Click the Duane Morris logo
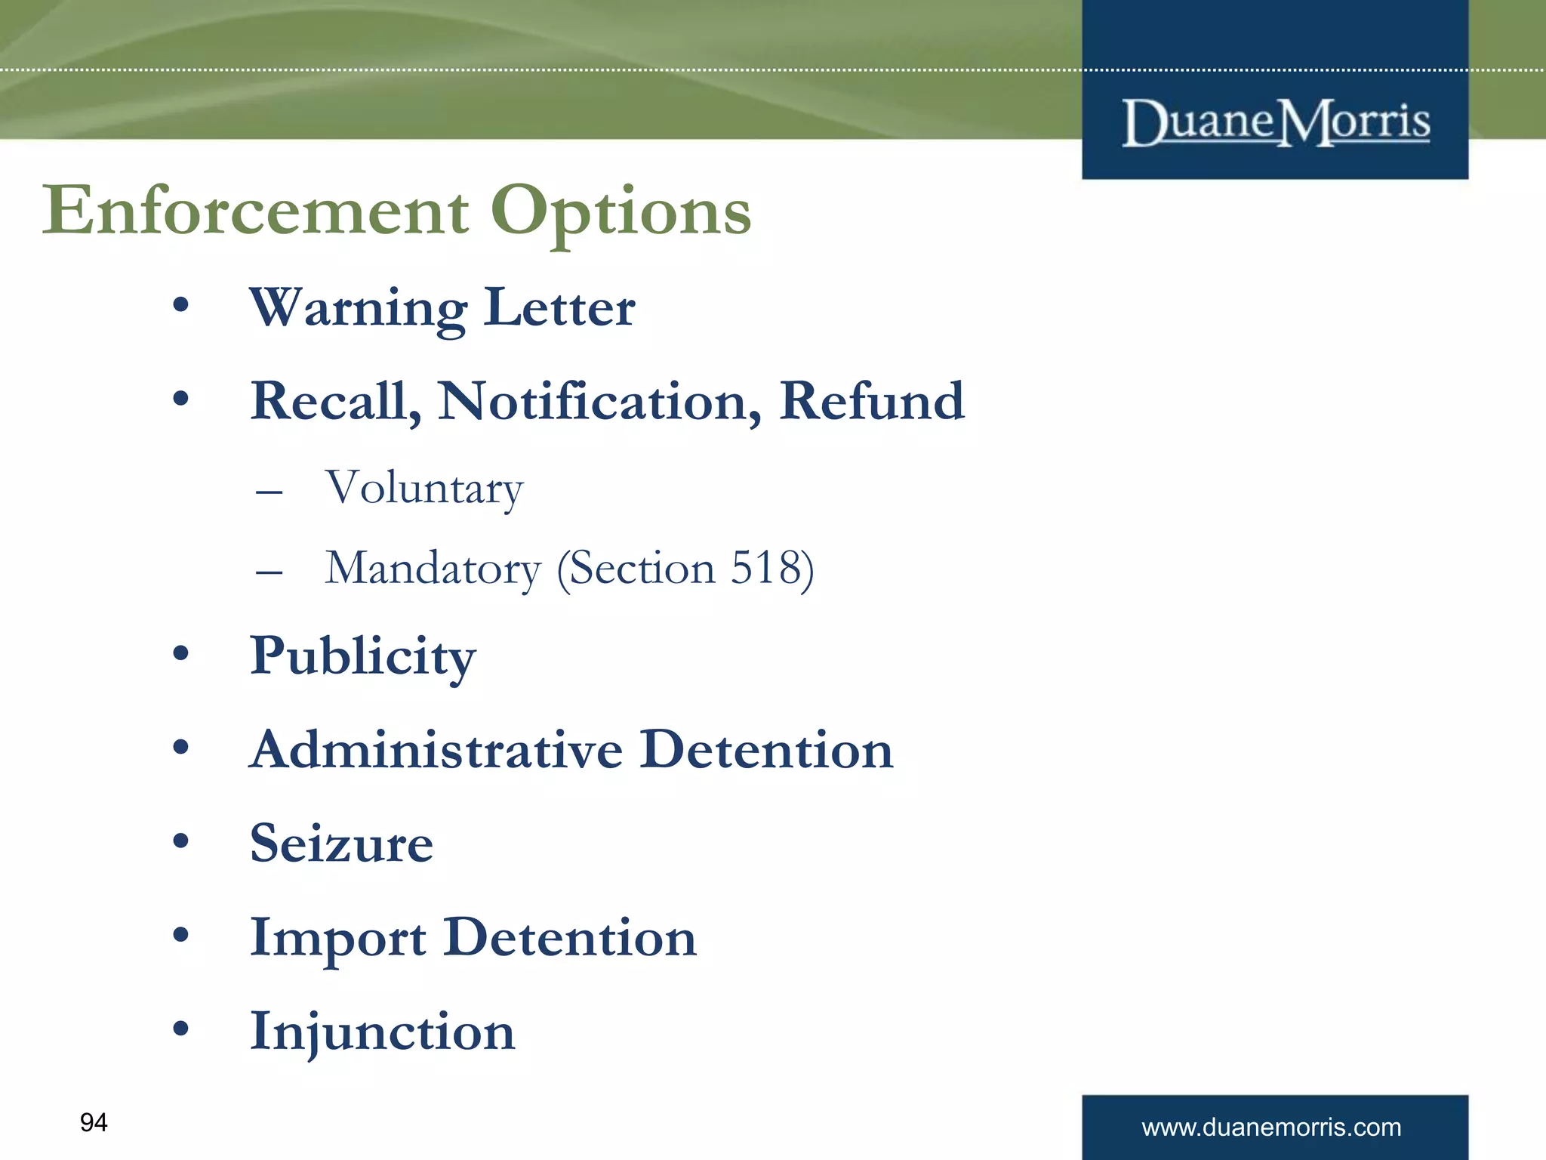pos(1275,122)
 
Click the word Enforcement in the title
pos(255,211)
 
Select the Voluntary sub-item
pos(424,488)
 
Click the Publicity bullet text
pos(363,656)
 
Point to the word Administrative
pos(436,749)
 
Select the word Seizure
pos(342,843)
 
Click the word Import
pos(337,938)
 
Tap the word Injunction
pos(383,1031)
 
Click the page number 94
pos(94,1122)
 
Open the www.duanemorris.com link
pos(1271,1128)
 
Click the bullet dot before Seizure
pos(180,841)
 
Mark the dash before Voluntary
pos(269,492)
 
